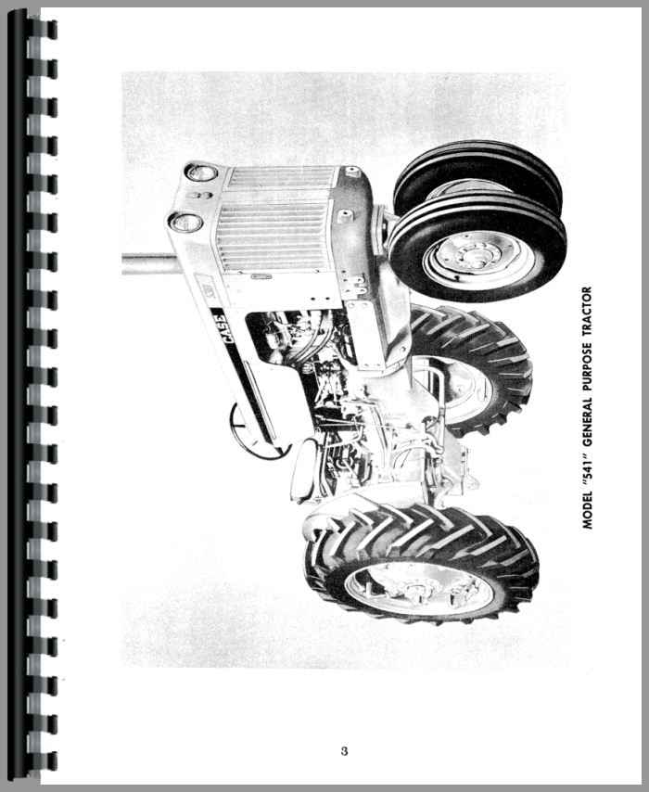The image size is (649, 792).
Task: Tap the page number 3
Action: coord(344,751)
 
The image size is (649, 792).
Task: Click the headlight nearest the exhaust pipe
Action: coord(185,223)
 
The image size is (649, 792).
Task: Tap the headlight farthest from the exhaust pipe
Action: coord(200,172)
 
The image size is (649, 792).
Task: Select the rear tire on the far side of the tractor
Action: coord(470,371)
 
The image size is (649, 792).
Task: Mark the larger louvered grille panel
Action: coord(272,236)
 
